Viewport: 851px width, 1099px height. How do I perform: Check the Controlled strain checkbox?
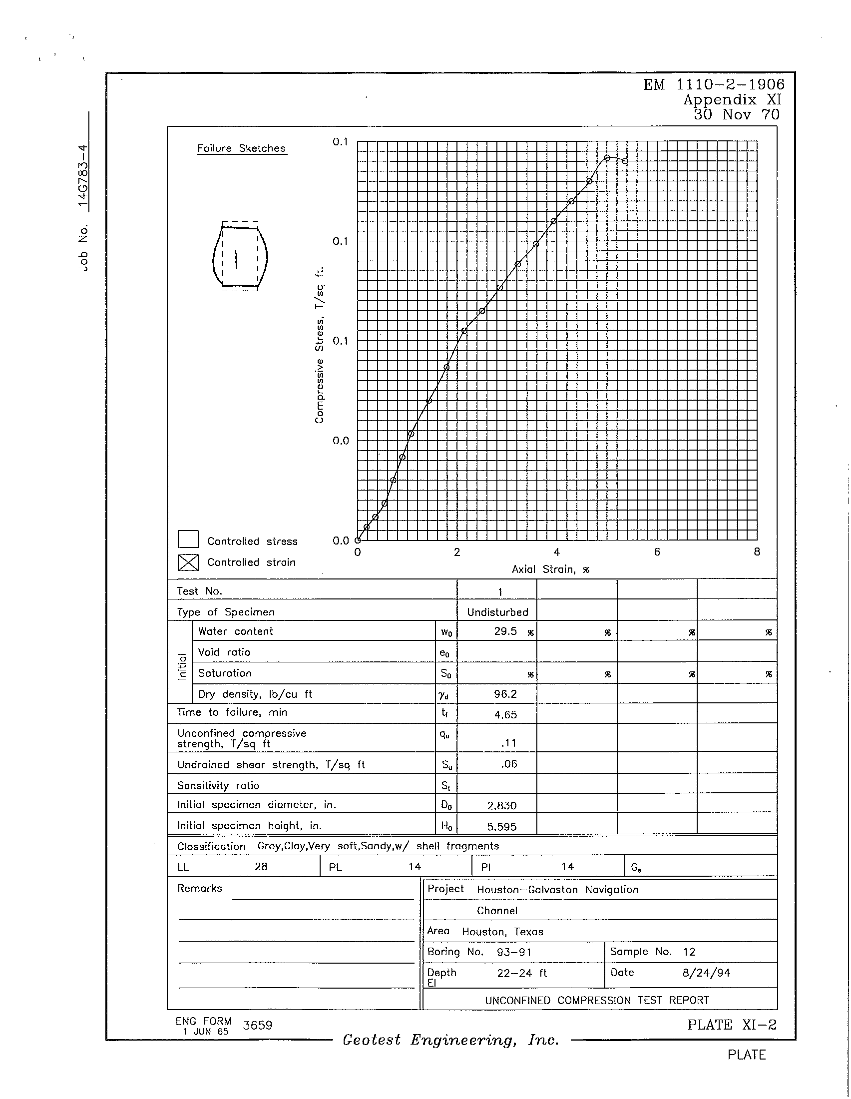(188, 562)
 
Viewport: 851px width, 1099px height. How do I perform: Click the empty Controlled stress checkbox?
(188, 540)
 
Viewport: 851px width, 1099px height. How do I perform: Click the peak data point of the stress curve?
(607, 158)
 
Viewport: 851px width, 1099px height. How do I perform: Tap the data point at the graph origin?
(358, 541)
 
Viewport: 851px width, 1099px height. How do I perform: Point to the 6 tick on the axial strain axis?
(657, 552)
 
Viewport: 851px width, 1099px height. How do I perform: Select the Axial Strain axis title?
(550, 569)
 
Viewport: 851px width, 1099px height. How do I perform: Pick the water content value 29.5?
(505, 631)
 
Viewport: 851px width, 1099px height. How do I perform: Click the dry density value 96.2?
(505, 694)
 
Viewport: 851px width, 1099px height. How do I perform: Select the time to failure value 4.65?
(505, 714)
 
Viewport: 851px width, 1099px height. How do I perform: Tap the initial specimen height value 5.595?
(502, 826)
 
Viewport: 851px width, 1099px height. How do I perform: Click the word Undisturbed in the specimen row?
(497, 612)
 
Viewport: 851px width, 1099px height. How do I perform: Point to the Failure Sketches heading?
(241, 148)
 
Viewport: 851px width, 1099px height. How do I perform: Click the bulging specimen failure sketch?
(240, 256)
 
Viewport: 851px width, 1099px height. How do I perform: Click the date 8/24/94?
(706, 973)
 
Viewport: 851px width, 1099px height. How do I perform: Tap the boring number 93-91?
(514, 952)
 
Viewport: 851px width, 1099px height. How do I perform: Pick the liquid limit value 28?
(261, 866)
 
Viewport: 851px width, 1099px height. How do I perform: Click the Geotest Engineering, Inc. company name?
(450, 1040)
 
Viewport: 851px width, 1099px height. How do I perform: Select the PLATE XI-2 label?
(732, 1025)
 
